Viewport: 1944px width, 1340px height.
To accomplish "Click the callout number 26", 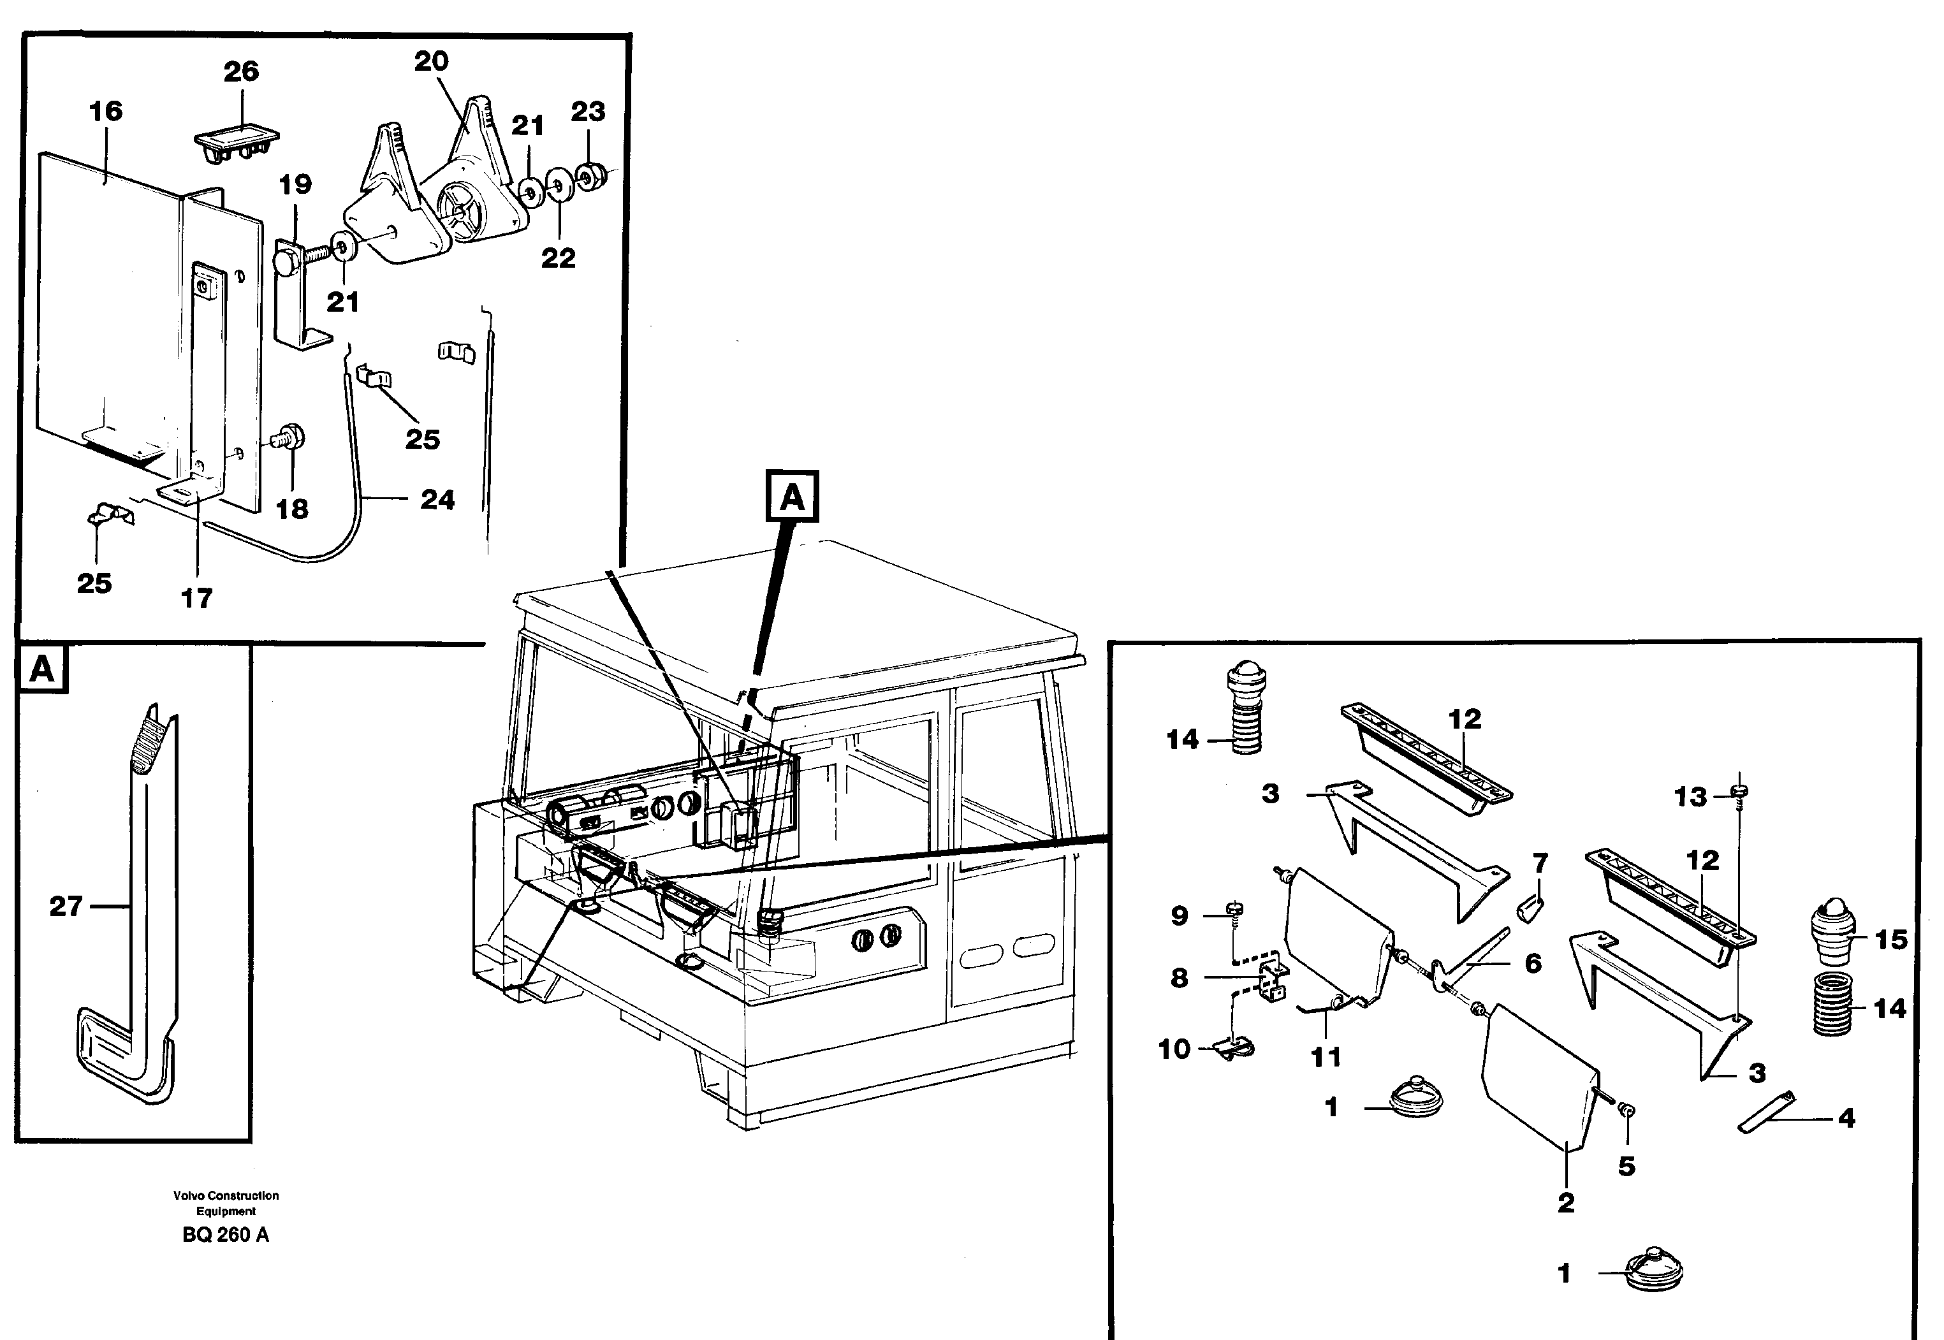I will pos(241,71).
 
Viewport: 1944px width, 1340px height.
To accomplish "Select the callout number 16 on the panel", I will pos(106,111).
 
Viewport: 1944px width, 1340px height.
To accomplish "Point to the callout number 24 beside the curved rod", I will pos(437,500).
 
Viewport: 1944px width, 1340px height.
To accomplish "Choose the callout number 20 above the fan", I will pos(432,61).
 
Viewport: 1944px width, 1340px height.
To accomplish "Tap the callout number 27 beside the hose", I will pos(66,906).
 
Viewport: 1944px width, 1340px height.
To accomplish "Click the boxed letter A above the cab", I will pos(792,497).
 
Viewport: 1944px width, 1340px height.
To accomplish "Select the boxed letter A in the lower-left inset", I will pos(41,669).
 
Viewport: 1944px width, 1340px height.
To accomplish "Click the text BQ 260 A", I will pos(225,1234).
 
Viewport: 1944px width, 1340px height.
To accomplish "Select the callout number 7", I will pos(1539,863).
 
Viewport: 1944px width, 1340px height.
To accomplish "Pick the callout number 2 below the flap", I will pos(1565,1202).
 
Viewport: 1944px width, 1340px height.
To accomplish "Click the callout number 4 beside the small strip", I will pos(1846,1118).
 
